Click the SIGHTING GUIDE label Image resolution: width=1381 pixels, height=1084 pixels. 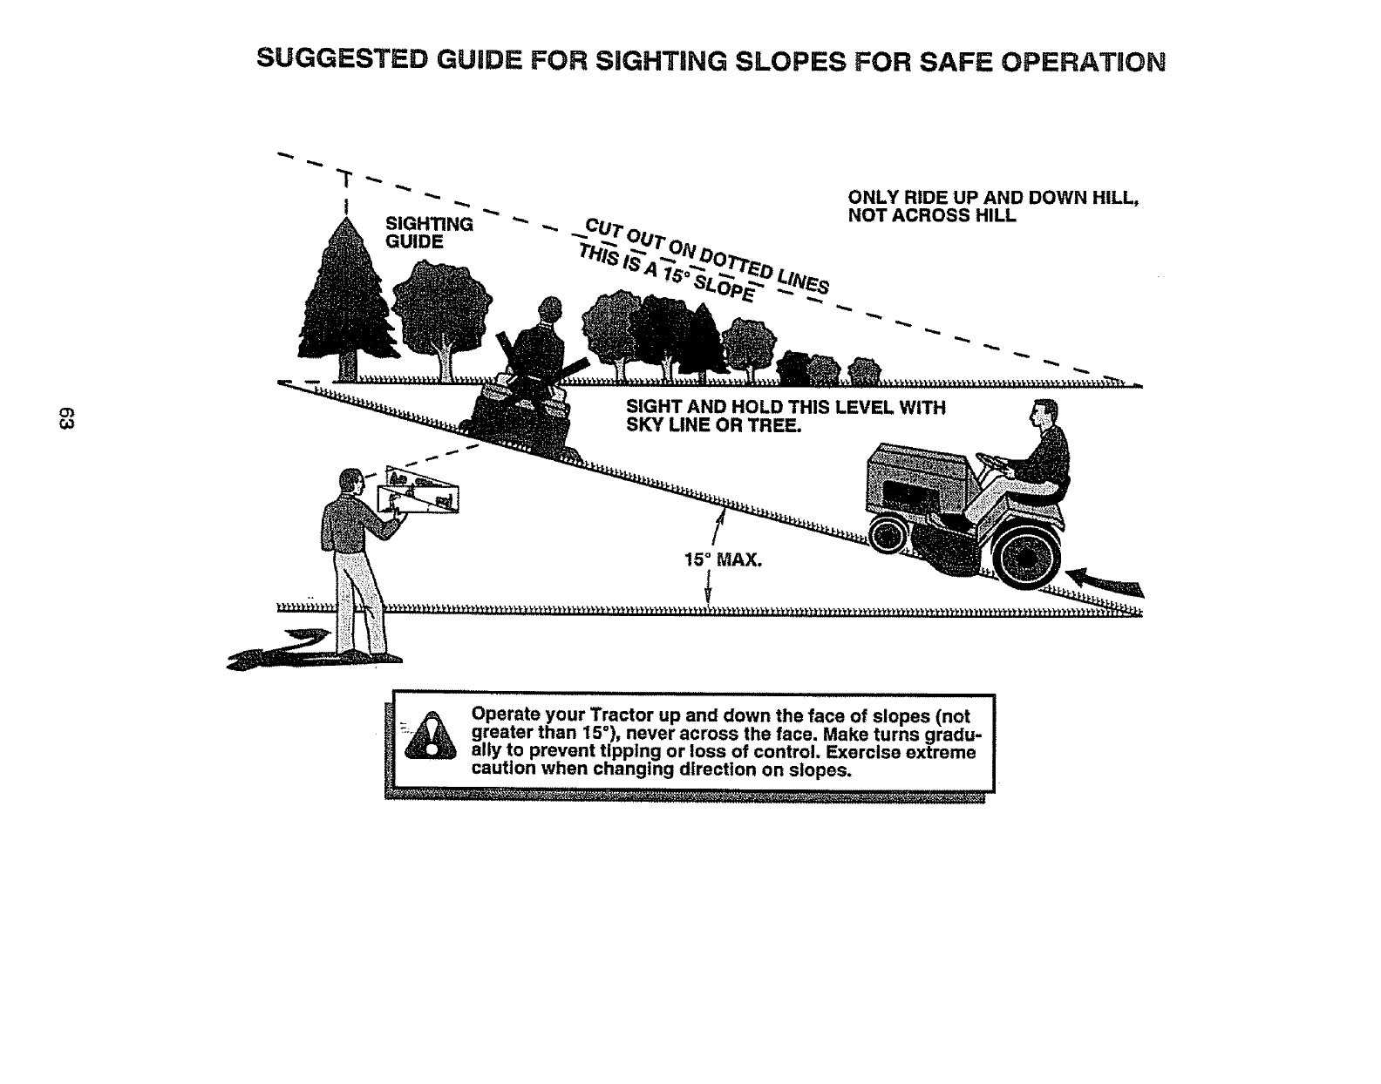click(428, 232)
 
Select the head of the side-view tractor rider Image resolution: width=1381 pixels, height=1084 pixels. click(1043, 413)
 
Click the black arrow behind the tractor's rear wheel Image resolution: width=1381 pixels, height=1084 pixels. click(1103, 579)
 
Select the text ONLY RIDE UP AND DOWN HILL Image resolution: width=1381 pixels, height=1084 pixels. click(994, 198)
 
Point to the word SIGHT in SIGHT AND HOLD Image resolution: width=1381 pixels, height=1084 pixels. click(652, 408)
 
